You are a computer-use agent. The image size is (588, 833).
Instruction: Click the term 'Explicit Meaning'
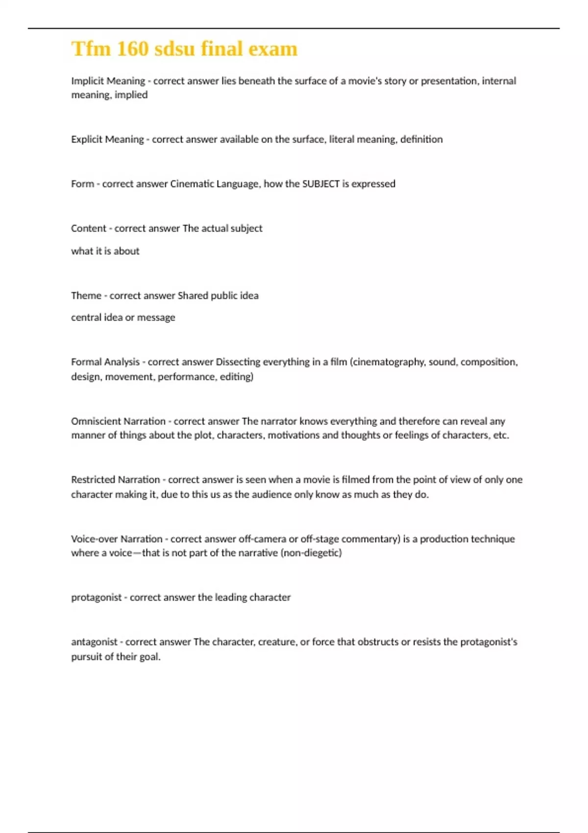[x=107, y=140]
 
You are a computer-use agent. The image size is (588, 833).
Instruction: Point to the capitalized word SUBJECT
[x=321, y=184]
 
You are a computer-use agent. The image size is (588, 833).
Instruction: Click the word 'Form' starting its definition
[x=82, y=184]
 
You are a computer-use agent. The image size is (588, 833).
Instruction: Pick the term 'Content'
[x=88, y=228]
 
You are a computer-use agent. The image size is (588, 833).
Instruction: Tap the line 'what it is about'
[x=105, y=251]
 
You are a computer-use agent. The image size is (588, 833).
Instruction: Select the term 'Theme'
[x=86, y=296]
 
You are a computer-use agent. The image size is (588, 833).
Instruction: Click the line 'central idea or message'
[x=123, y=318]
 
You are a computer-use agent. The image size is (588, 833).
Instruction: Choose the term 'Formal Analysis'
[x=105, y=362]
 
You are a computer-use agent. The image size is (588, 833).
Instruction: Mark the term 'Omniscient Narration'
[x=118, y=421]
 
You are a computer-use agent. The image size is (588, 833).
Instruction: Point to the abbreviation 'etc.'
[x=501, y=435]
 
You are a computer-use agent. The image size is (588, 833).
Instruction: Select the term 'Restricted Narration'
[x=115, y=480]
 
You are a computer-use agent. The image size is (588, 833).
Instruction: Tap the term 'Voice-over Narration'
[x=117, y=539]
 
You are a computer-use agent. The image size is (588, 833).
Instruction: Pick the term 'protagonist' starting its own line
[x=97, y=598]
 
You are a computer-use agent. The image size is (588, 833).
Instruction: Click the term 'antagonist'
[x=95, y=642]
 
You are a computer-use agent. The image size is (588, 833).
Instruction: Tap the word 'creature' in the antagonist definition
[x=277, y=642]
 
